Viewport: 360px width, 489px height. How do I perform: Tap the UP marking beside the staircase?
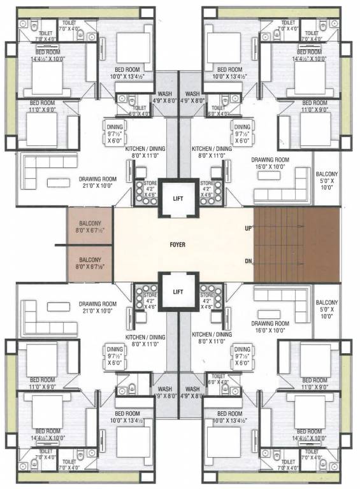coord(247,228)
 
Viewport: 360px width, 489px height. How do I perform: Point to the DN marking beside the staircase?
coord(247,261)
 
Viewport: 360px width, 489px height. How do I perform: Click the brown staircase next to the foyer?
coord(296,244)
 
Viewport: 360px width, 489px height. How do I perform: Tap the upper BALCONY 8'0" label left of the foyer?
coord(89,227)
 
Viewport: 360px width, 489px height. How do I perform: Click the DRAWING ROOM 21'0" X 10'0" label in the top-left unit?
coord(97,183)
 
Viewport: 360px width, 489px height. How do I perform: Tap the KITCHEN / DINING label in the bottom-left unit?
coord(145,339)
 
